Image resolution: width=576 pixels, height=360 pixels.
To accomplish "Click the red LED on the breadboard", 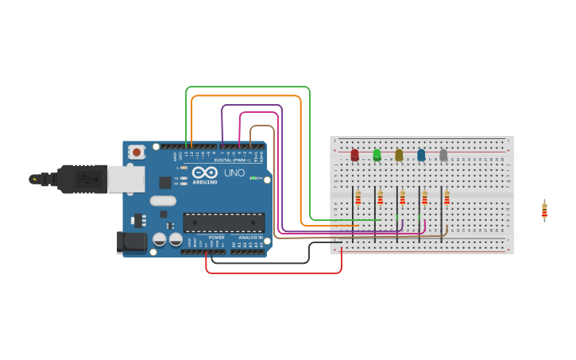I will (x=354, y=154).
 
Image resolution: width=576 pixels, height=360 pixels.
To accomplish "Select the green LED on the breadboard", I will (x=377, y=154).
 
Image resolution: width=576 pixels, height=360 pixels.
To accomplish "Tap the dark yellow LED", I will (x=399, y=154).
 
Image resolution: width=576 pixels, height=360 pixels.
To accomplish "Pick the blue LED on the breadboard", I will (x=421, y=154).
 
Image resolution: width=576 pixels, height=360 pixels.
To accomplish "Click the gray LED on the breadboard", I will (x=443, y=154).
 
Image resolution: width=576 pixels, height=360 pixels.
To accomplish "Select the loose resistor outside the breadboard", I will (x=544, y=211).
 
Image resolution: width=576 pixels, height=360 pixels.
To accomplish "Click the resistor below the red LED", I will (x=358, y=197).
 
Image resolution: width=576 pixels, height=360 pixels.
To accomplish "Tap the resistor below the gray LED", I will (x=446, y=197).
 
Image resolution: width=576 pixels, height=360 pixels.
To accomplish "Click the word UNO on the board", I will (x=234, y=172).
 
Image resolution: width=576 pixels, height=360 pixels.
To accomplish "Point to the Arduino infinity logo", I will (x=204, y=172).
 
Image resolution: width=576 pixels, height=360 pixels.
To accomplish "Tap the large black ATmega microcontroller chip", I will (x=224, y=223).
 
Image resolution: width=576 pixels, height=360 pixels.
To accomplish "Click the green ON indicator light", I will (x=252, y=178).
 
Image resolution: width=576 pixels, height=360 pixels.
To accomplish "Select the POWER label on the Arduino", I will (x=216, y=237).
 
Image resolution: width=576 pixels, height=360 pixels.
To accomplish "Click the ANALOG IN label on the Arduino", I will (x=250, y=237).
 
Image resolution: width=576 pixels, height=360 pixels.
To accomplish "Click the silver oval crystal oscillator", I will (x=162, y=200).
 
